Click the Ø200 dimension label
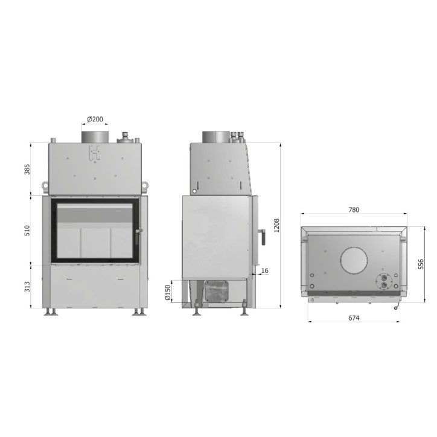[x=95, y=120]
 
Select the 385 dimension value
[x=27, y=170]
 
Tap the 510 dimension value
[x=27, y=231]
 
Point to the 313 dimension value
[x=27, y=287]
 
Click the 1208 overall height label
[x=276, y=225]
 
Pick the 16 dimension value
[x=265, y=270]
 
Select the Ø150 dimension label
[x=168, y=292]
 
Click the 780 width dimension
[x=354, y=210]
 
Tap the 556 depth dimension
[x=421, y=264]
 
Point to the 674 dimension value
[x=354, y=317]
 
